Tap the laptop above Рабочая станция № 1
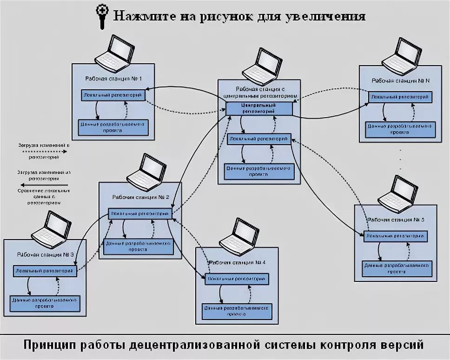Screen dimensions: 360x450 [x=115, y=51]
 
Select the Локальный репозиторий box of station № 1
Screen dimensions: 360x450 [x=113, y=94]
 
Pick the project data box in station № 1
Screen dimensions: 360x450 [x=113, y=127]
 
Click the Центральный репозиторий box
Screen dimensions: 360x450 [x=259, y=109]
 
